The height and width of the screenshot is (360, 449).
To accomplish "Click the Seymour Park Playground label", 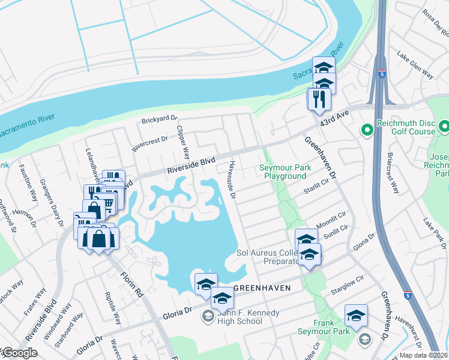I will click(285, 172).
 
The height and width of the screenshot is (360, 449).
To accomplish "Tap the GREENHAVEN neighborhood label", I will click(262, 288).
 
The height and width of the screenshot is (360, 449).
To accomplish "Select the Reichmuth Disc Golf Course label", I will click(405, 127).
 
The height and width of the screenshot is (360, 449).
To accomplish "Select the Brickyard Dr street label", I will click(160, 120).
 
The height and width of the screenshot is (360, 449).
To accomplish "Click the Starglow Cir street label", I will click(348, 285).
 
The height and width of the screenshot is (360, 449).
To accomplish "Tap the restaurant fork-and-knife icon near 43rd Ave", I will click(319, 98).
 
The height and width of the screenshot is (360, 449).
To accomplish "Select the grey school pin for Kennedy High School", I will click(208, 316).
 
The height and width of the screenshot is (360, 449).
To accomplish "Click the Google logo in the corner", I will click(19, 353).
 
